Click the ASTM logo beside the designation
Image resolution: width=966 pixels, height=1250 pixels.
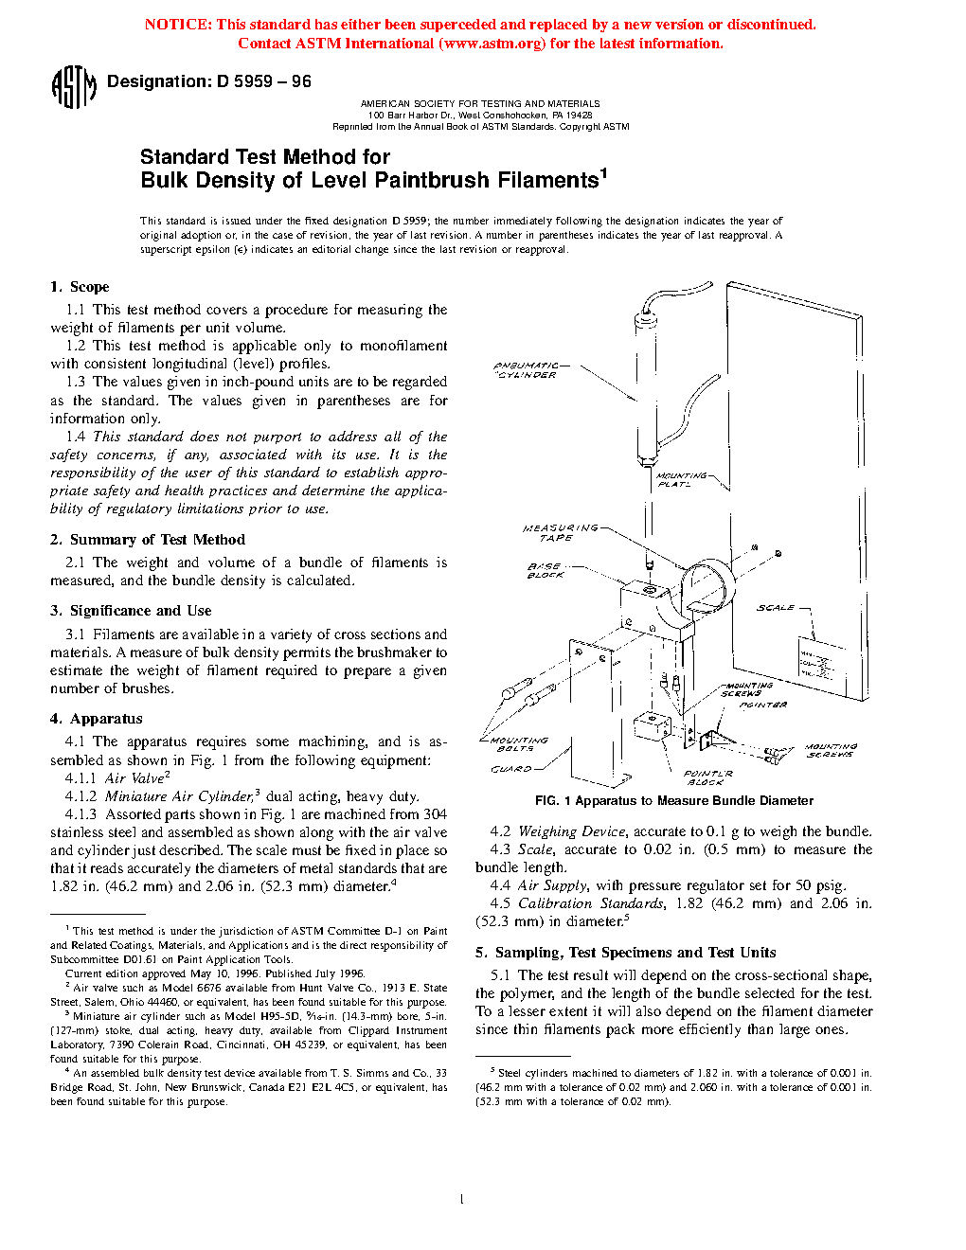73,86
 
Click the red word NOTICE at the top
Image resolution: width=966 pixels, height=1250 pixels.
177,25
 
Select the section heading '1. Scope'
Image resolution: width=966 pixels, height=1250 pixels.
80,287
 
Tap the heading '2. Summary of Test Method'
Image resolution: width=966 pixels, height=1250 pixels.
148,540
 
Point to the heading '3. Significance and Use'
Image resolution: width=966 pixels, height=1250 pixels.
131,611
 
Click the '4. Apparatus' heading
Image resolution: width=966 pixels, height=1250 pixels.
97,719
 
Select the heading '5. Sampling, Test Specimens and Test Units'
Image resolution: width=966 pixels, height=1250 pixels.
625,953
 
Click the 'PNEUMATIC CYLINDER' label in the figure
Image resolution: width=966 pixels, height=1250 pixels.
528,370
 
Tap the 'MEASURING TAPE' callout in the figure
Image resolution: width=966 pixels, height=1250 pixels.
561,532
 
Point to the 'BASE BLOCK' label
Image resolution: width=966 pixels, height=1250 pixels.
546,571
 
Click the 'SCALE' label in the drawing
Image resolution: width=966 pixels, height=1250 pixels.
776,608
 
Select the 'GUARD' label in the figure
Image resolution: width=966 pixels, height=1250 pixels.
510,769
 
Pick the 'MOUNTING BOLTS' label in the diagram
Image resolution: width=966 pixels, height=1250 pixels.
517,744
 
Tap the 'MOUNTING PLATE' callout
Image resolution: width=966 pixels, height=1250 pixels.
681,480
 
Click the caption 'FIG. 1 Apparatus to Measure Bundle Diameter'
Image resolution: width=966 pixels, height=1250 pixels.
673,801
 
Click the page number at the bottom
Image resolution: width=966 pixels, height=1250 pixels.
461,1200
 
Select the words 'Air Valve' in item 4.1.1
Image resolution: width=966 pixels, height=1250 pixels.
134,778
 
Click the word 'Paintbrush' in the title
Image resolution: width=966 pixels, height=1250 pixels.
431,181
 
